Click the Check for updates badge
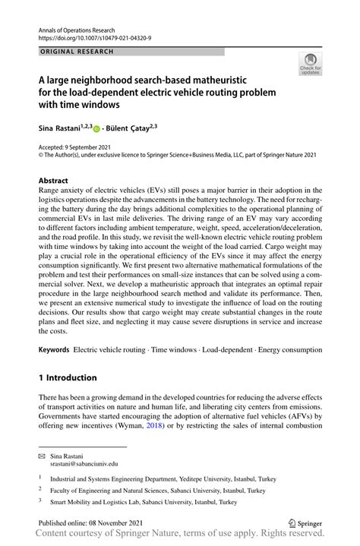310,64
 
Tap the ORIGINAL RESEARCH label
75,52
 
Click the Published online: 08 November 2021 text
90,524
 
